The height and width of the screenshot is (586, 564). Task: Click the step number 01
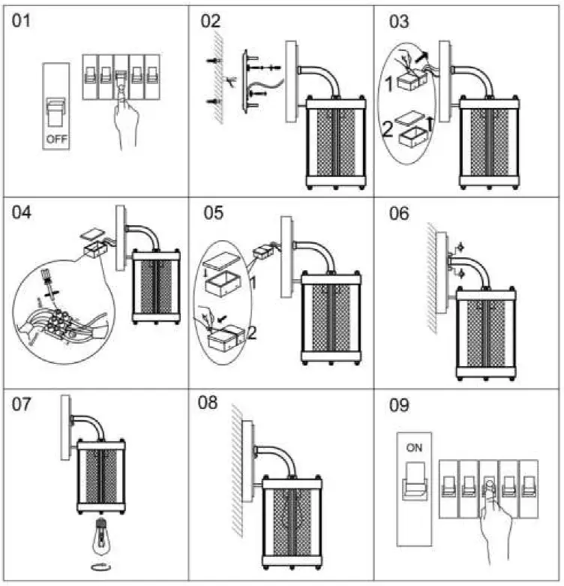(x=23, y=20)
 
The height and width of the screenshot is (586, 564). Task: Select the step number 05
(x=213, y=213)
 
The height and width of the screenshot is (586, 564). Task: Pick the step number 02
(x=211, y=20)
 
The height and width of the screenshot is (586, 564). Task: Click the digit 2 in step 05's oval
(x=252, y=332)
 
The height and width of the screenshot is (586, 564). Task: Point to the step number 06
(x=399, y=214)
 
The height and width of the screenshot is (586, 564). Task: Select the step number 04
(x=22, y=213)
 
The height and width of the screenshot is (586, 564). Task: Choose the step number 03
(x=399, y=20)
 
